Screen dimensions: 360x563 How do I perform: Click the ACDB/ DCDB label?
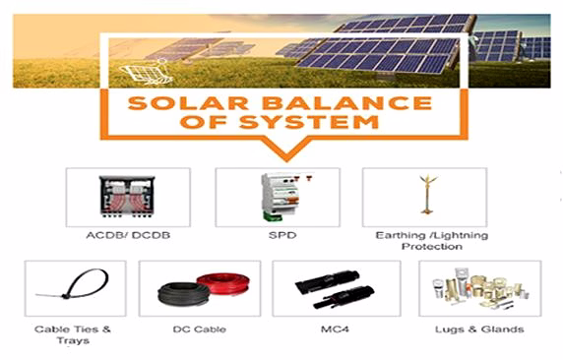tap(127, 237)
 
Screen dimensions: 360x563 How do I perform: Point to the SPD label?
tap(278, 237)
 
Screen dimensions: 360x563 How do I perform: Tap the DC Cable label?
tap(200, 330)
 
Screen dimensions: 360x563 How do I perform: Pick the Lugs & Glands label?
tap(479, 330)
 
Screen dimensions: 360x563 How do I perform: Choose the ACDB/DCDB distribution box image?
tap(127, 197)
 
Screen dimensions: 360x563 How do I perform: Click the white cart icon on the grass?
tap(143, 70)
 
